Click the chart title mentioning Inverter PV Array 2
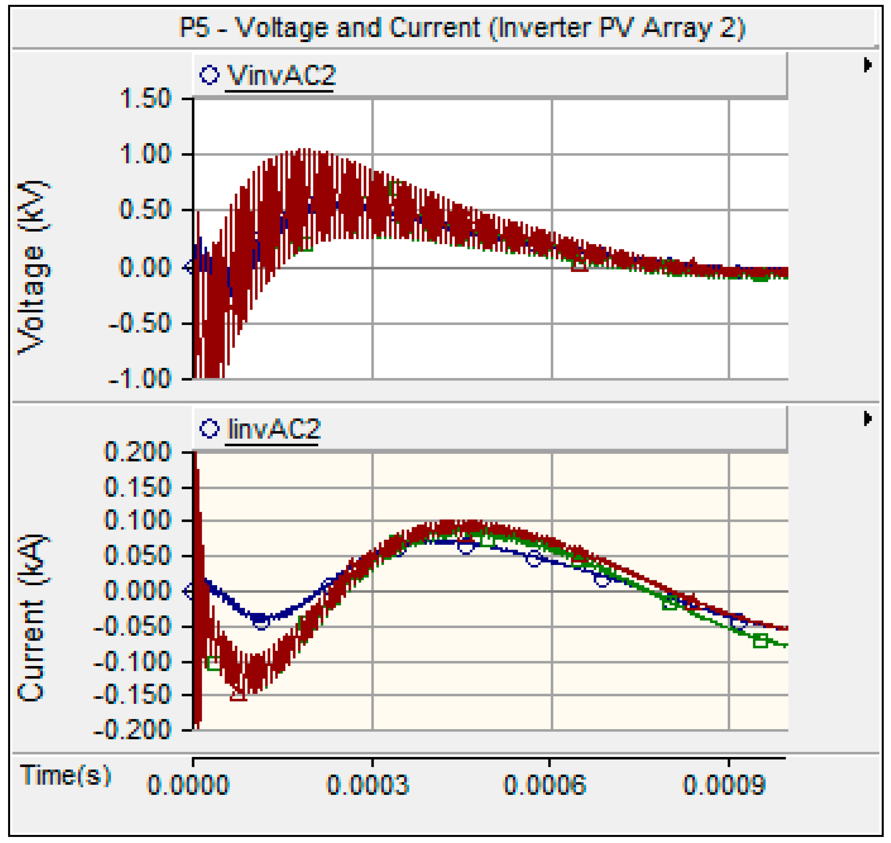[x=462, y=28]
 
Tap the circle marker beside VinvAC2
[x=209, y=75]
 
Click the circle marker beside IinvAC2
[x=209, y=429]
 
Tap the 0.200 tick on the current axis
[x=137, y=452]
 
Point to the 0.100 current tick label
[x=137, y=521]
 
